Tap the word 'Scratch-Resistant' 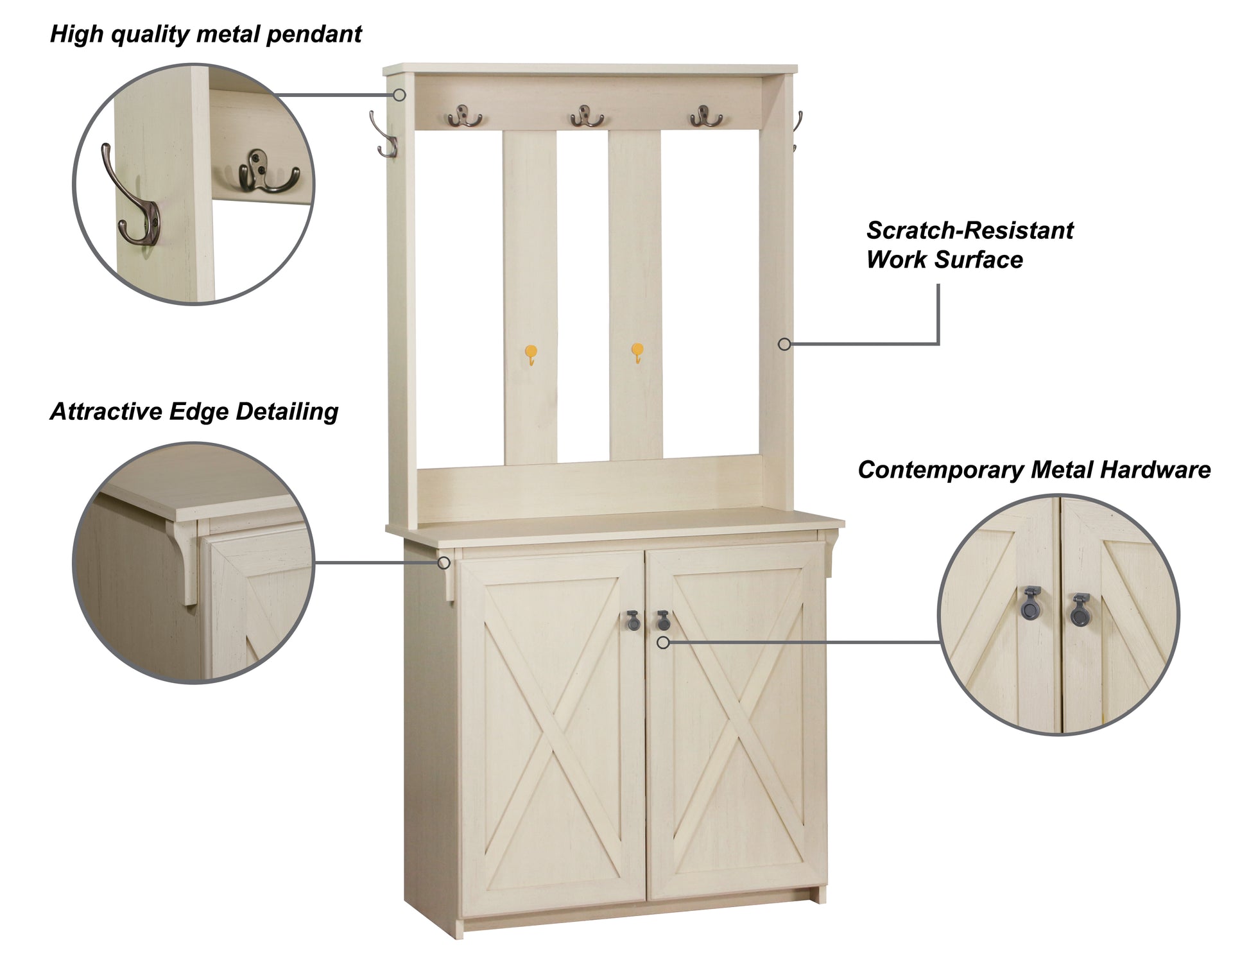click(x=969, y=230)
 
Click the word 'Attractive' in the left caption click(x=106, y=411)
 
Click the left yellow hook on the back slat click(x=531, y=354)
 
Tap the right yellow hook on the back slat click(x=637, y=352)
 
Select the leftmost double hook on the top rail click(x=465, y=117)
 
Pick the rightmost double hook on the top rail click(x=706, y=116)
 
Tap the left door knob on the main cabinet click(x=632, y=619)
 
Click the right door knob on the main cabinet click(x=663, y=619)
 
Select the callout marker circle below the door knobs click(x=664, y=642)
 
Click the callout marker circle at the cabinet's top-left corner click(x=399, y=95)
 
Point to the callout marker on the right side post click(x=784, y=344)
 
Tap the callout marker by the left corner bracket click(x=444, y=563)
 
